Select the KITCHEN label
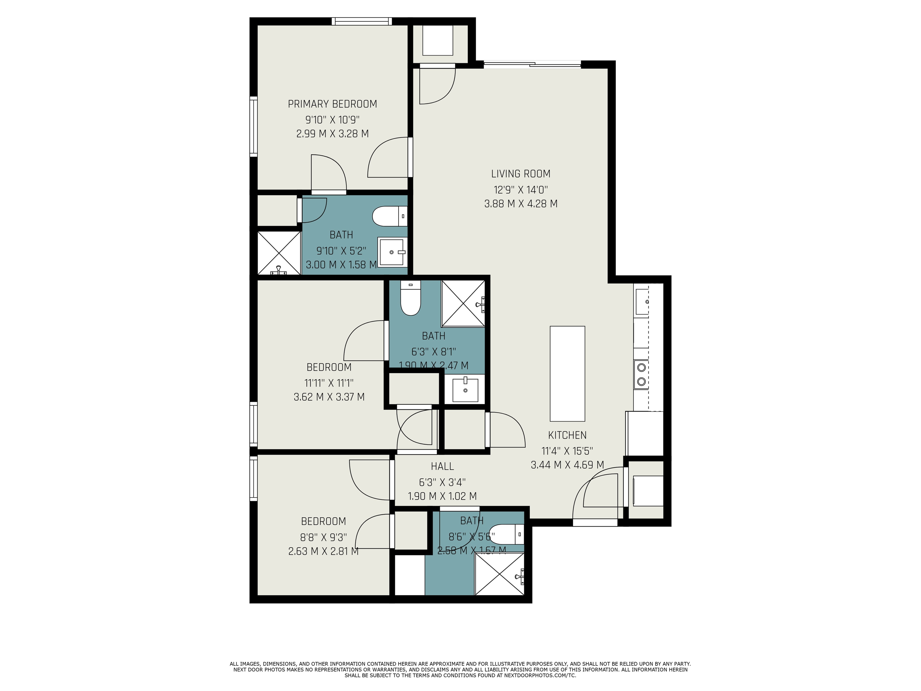coord(567,435)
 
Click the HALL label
coord(442,466)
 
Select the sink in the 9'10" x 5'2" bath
coord(392,252)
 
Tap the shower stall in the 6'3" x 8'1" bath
coord(463,303)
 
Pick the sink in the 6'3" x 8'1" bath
coord(465,389)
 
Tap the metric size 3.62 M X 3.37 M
coord(329,397)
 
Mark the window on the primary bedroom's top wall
coord(361,21)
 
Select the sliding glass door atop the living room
coord(532,64)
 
